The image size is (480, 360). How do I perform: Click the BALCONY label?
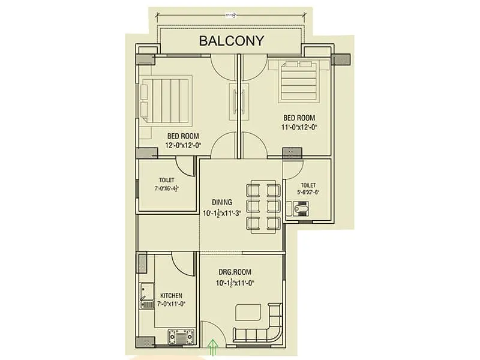(x=231, y=41)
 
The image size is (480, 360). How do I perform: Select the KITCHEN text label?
(x=171, y=296)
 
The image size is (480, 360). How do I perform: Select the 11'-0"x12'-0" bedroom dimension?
(x=299, y=127)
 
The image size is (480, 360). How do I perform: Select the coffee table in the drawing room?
(x=248, y=313)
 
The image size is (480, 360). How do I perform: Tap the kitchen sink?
(x=146, y=297)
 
